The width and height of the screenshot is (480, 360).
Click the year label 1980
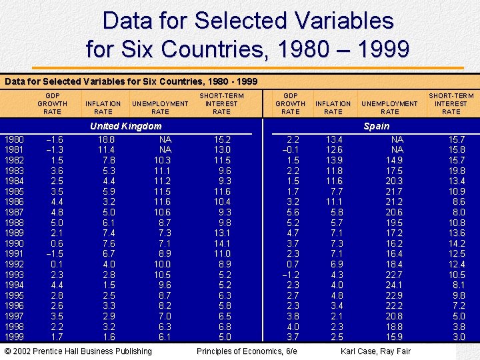tap(14, 139)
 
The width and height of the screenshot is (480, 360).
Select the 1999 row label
tap(14, 337)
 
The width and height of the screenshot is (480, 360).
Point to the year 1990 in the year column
tap(14, 243)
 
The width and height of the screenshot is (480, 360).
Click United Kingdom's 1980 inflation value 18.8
tap(106, 139)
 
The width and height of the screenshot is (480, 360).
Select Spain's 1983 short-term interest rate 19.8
tap(456, 171)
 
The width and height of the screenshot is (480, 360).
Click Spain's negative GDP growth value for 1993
tap(290, 275)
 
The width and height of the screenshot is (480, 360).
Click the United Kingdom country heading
tap(125, 126)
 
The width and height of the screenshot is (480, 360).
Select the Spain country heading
tap(377, 126)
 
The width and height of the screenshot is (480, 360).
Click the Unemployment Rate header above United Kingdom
tap(160, 107)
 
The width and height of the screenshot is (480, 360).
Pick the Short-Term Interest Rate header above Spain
tap(451, 103)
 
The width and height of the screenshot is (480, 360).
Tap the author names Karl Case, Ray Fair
tap(375, 351)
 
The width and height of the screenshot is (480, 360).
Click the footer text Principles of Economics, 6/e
tap(247, 351)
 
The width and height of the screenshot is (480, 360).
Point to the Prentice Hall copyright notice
tap(78, 351)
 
